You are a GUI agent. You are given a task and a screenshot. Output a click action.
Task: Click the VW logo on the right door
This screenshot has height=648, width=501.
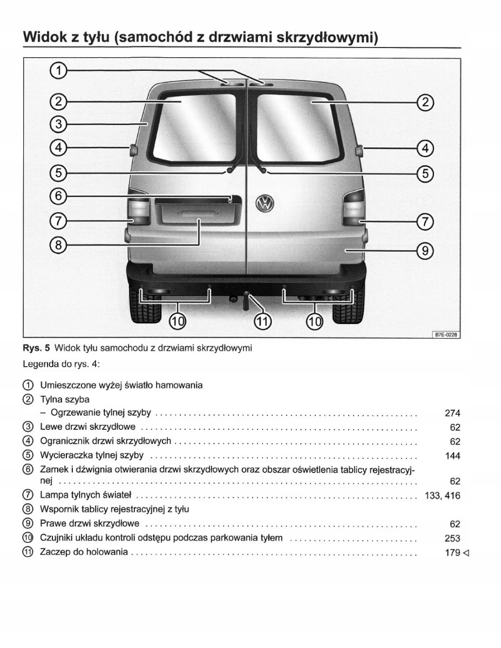tap(266, 204)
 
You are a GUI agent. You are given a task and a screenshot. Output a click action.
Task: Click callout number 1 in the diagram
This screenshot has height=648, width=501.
tap(59, 70)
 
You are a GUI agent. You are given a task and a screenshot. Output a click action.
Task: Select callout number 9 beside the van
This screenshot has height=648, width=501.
tap(425, 251)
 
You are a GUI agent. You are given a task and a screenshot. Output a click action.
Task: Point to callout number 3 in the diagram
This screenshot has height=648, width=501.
tap(59, 124)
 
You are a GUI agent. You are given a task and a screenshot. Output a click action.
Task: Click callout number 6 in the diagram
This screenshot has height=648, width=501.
tap(59, 195)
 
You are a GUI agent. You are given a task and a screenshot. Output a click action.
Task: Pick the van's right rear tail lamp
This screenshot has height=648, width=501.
tap(353, 208)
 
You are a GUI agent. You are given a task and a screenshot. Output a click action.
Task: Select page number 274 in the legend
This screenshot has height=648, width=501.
tap(452, 414)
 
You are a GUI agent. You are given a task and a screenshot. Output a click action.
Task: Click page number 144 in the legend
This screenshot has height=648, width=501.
tap(452, 456)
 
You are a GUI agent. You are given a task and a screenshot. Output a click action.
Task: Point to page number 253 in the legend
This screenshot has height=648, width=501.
tap(452, 538)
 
